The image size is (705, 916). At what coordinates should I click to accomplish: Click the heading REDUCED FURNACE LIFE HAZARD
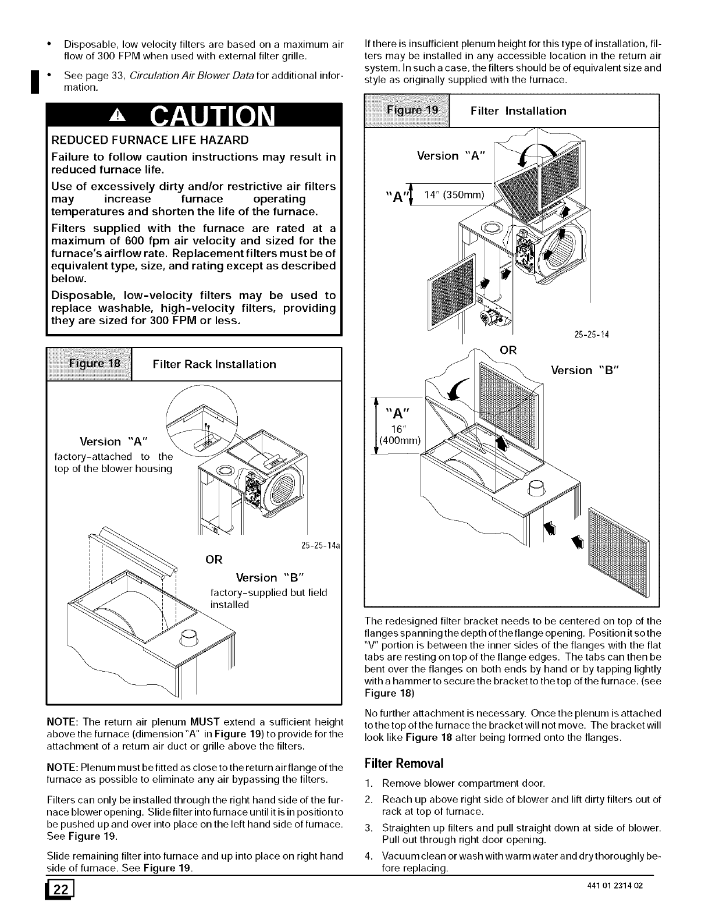(150, 140)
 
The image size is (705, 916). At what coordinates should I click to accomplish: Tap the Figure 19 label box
(407, 111)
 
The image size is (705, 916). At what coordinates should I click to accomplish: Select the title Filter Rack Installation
(214, 364)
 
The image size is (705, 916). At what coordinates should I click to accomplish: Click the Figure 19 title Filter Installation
(518, 111)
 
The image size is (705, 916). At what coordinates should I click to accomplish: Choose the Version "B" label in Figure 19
(587, 371)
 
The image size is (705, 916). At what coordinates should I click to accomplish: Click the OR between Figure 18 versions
(214, 560)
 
